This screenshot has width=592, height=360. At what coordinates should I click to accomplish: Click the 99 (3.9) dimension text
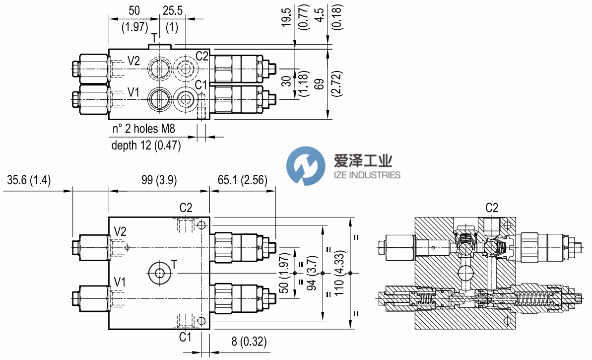158,180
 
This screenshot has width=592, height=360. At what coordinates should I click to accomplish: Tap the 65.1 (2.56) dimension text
242,180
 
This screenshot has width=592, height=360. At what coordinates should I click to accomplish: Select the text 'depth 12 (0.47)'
146,145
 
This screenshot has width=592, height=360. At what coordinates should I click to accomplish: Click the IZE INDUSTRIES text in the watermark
362,175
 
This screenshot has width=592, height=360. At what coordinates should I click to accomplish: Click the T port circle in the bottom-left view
160,273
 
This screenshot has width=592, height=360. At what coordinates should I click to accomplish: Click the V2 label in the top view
133,61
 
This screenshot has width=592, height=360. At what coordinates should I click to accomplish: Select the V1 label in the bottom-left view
120,282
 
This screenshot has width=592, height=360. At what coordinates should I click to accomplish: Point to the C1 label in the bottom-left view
185,337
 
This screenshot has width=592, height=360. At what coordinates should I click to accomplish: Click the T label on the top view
154,38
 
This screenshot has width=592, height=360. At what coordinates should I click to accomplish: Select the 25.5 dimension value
172,10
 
